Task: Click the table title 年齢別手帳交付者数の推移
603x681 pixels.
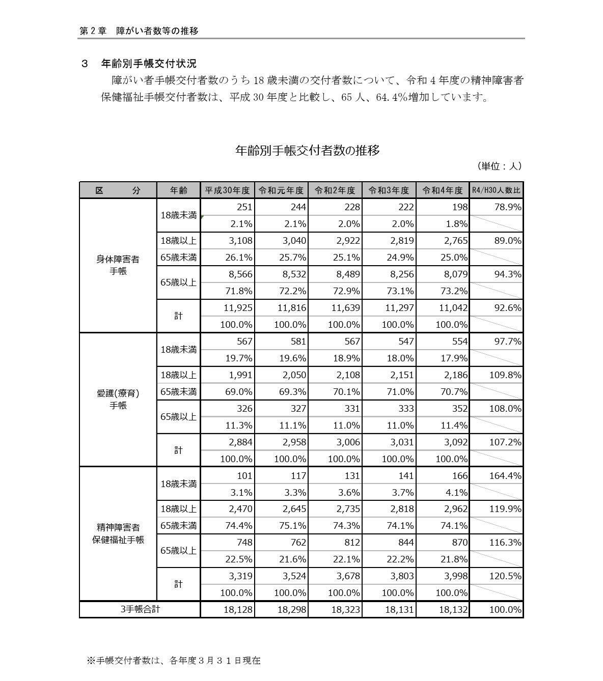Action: click(307, 150)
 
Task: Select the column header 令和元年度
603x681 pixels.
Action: click(281, 190)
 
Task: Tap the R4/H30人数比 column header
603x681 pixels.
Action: click(496, 190)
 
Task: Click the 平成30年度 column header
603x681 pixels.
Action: click(227, 190)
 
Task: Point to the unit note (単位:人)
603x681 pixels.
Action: click(499, 166)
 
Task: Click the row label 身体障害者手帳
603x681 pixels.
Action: click(118, 265)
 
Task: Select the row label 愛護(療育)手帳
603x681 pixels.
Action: click(118, 400)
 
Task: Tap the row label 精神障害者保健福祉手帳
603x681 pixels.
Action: click(118, 533)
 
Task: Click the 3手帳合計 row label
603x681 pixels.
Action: click(140, 609)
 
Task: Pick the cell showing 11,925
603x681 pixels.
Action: click(238, 308)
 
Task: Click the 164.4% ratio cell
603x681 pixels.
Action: click(505, 476)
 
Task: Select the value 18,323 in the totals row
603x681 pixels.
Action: click(345, 610)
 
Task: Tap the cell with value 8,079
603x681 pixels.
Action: click(453, 274)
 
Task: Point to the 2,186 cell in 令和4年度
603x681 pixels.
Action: click(453, 375)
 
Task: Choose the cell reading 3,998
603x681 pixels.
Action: click(453, 576)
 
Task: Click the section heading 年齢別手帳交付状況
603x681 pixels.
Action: click(148, 64)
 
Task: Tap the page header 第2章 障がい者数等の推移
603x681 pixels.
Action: click(139, 31)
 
